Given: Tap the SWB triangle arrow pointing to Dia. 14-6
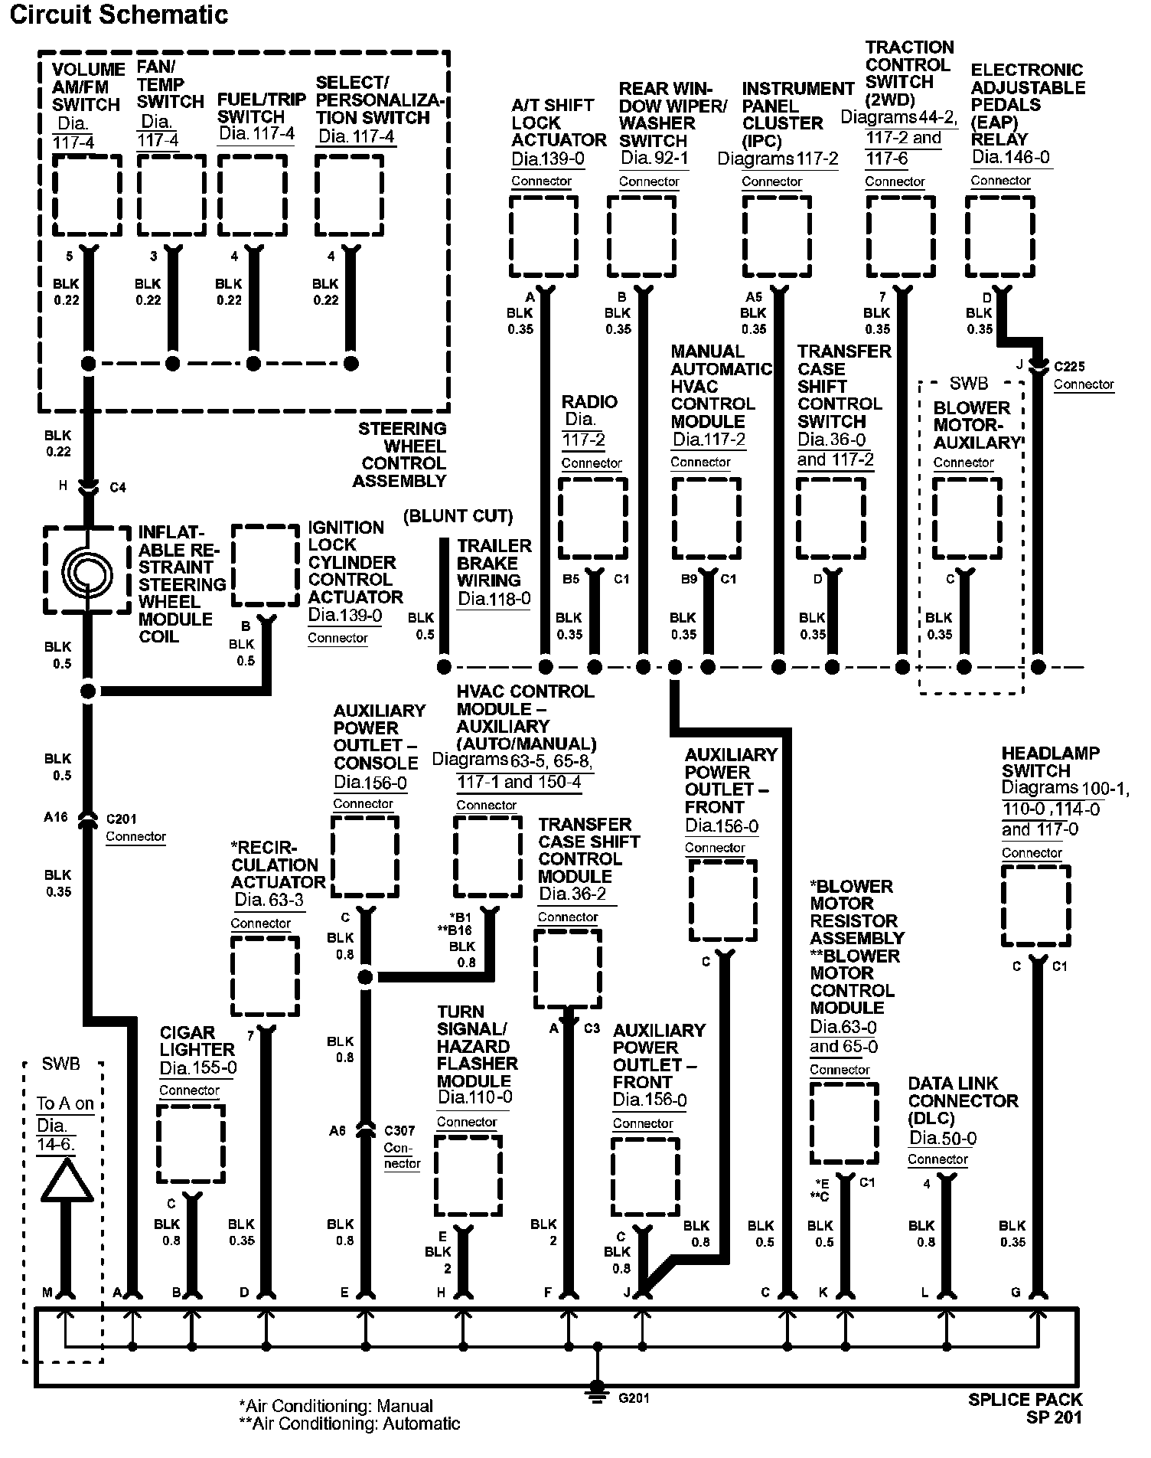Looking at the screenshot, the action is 67,1181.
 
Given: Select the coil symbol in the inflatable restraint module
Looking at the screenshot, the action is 87,570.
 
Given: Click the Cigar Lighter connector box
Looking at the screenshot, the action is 191,1143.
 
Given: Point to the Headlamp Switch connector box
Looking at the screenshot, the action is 1036,907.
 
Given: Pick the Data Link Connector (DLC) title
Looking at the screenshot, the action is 963,1100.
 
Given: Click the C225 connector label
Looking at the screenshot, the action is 1069,366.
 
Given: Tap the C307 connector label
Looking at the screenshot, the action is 399,1129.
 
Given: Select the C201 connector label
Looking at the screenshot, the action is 121,818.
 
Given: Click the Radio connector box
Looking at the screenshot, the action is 593,519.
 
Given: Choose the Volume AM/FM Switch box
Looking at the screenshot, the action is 87,195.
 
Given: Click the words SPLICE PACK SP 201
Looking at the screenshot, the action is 1025,1408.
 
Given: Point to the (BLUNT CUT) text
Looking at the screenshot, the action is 458,515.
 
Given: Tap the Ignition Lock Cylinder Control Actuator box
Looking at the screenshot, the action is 266,565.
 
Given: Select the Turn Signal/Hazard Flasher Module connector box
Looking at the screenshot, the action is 468,1175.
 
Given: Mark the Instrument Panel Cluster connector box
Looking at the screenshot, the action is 778,236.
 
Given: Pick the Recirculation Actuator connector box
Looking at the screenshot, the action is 266,976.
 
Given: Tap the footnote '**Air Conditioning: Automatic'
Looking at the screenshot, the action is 350,1424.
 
